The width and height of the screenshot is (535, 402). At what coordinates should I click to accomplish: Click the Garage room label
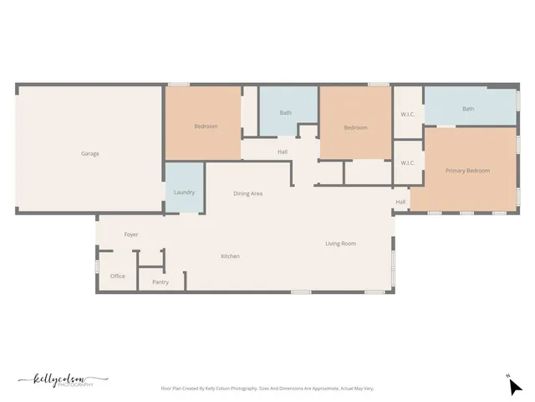[x=90, y=153]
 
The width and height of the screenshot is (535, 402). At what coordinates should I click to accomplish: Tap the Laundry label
[x=184, y=193]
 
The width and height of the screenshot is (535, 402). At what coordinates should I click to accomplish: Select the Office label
[x=118, y=276]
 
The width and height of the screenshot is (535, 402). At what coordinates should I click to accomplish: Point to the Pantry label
[x=160, y=282]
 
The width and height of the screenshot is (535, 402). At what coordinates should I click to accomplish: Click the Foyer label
[x=131, y=234]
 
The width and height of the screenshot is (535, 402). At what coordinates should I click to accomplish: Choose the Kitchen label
[x=230, y=256]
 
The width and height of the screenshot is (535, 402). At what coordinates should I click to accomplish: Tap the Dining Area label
[x=248, y=193]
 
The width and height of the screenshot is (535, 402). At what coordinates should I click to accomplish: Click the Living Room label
[x=341, y=244]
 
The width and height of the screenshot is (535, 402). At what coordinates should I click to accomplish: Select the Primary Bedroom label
[x=467, y=171]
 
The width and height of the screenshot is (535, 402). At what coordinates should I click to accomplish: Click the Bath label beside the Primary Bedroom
[x=468, y=108]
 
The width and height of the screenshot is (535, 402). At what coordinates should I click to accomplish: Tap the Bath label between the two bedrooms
[x=286, y=112]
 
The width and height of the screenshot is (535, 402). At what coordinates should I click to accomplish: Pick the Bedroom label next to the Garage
[x=206, y=126]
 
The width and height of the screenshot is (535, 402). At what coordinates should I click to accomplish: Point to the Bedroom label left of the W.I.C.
[x=355, y=127]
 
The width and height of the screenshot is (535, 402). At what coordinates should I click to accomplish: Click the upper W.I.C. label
[x=408, y=114]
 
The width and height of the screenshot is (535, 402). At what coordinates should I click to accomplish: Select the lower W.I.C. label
[x=408, y=163]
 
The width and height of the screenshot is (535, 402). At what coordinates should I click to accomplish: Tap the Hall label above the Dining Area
[x=283, y=152]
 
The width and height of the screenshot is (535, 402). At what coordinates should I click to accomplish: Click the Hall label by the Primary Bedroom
[x=400, y=202]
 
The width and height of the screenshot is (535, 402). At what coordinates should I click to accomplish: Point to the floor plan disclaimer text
[x=267, y=389]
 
